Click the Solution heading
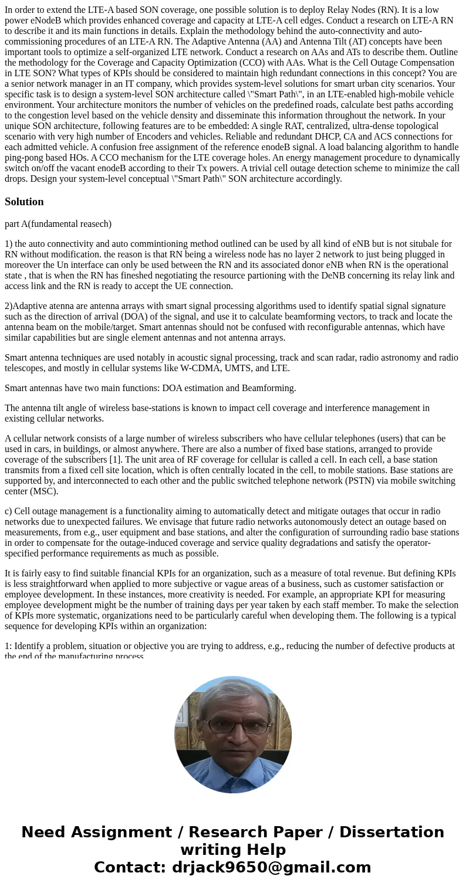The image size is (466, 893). (x=24, y=202)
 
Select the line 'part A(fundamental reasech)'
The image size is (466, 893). (x=58, y=223)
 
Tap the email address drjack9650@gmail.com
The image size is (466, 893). (x=271, y=867)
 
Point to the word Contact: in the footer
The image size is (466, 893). (x=130, y=867)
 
